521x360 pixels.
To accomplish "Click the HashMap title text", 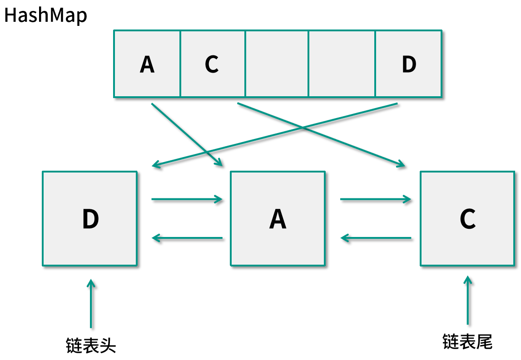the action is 45,15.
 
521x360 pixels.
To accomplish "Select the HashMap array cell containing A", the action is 147,64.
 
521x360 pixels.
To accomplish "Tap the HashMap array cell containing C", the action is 213,64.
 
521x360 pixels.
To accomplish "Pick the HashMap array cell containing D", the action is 408,64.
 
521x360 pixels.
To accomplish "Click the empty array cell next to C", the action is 277,64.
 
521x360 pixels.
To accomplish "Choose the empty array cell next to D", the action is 342,64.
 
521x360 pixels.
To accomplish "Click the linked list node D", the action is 90,218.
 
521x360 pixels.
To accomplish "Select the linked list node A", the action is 278,218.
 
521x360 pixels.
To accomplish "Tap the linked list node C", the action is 467,218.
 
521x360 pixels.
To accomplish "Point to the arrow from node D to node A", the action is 187,199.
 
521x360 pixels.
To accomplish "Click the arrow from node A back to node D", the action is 187,238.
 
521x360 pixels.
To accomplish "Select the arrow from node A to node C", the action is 376,199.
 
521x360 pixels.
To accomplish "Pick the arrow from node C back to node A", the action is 376,238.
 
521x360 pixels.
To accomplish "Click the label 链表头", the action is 91,346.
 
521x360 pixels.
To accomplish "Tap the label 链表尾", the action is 467,342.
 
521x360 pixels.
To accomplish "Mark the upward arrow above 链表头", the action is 91,304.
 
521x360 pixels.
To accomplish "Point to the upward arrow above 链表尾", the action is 467,300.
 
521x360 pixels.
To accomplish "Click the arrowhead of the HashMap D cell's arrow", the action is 155,165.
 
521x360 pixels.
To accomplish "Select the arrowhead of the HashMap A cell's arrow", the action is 219,163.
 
